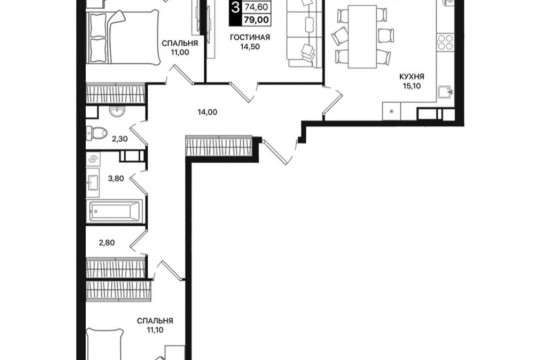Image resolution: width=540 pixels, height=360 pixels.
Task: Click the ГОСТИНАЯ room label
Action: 250,37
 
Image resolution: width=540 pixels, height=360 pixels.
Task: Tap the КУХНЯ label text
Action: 412,76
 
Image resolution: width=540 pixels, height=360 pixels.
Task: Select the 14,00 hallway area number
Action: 208,112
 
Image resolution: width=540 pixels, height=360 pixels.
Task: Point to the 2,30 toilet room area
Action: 120,139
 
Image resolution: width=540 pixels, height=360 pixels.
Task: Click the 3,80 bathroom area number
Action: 116,178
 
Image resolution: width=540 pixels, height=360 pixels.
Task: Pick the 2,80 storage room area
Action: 107,243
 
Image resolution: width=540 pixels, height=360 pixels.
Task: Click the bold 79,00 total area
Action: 256,20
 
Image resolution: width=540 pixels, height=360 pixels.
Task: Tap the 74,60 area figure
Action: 256,7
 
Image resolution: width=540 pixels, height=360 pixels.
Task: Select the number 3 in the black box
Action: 236,7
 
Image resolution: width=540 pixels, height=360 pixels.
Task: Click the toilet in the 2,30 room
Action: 96,133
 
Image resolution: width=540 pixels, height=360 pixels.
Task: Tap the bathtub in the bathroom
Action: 115,211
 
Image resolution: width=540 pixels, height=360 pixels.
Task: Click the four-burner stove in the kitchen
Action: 445,42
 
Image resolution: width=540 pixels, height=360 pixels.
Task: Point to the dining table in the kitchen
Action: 362,37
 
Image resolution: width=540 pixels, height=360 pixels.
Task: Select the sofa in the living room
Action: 301,33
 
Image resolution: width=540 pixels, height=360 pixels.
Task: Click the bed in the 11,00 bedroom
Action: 122,37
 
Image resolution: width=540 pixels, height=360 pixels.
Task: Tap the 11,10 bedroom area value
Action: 155,330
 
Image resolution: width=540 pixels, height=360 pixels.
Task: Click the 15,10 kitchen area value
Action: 412,86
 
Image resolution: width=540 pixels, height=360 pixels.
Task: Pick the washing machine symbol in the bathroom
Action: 93,159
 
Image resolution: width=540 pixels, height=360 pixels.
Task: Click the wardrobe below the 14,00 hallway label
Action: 219,146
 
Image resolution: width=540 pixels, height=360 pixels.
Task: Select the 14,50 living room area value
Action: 250,47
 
